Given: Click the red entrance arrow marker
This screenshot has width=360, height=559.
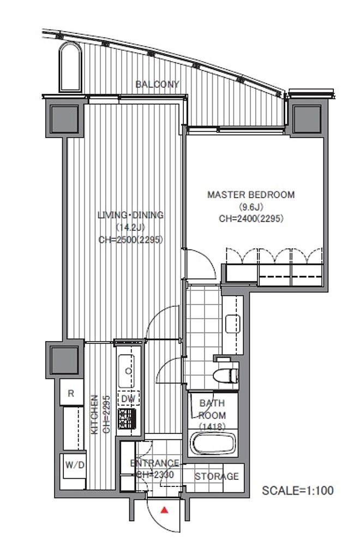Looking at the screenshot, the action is pos(164,510).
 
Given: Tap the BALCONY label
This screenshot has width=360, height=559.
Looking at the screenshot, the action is pos(157,85).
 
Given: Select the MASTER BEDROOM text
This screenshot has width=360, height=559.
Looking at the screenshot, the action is pos(251,195).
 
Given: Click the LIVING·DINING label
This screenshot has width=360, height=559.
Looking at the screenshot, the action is pos(131,215).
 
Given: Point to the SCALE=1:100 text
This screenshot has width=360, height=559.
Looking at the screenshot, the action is pos(298,491).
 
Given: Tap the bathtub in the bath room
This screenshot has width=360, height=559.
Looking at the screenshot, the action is pos(213,443).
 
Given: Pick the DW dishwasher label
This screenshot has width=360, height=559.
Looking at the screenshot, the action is pos(128,399).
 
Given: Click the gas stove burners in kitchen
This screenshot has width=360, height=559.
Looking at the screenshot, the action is pos(127,419).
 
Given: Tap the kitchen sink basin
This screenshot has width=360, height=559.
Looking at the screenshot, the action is pos(126,371).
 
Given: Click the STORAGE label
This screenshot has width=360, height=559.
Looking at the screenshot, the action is pos(217,476).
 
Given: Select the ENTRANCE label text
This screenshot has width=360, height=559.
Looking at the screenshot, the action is pos(154,463).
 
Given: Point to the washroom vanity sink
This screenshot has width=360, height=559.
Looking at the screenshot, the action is pos(233,324).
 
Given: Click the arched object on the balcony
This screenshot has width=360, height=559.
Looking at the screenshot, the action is pos(70,67).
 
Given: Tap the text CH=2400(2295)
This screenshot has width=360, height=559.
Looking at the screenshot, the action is pos(251,218).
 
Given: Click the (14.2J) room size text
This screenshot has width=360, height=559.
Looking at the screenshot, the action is pos(131,228).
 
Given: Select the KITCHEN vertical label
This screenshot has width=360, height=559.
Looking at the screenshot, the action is pos(94,414).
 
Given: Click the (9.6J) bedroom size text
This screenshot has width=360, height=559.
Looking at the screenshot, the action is pos(251,207).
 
